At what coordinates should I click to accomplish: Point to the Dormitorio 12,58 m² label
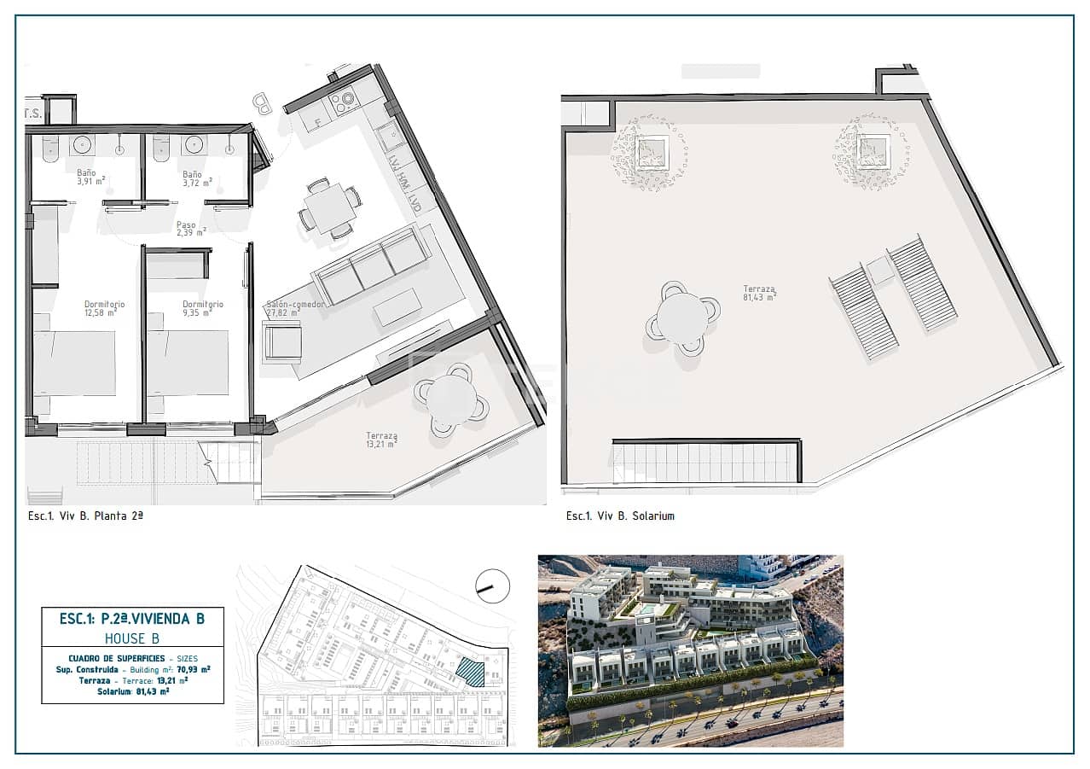(x=105, y=308)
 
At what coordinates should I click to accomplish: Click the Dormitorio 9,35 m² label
(x=203, y=308)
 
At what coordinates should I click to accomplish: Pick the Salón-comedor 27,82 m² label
(x=294, y=308)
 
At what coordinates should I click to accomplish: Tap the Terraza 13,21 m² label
(x=381, y=440)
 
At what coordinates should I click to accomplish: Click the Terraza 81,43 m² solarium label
(x=758, y=293)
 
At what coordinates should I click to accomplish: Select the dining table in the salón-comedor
(x=329, y=207)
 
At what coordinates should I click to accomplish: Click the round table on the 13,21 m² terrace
(x=451, y=399)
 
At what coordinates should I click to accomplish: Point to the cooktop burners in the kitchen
(x=344, y=103)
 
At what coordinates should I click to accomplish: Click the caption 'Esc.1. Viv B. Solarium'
(x=620, y=516)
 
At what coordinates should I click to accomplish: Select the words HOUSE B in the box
(x=132, y=638)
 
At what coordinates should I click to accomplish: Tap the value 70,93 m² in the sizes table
(x=193, y=669)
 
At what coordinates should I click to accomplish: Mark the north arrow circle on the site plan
(x=493, y=585)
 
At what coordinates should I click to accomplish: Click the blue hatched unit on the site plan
(x=470, y=672)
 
